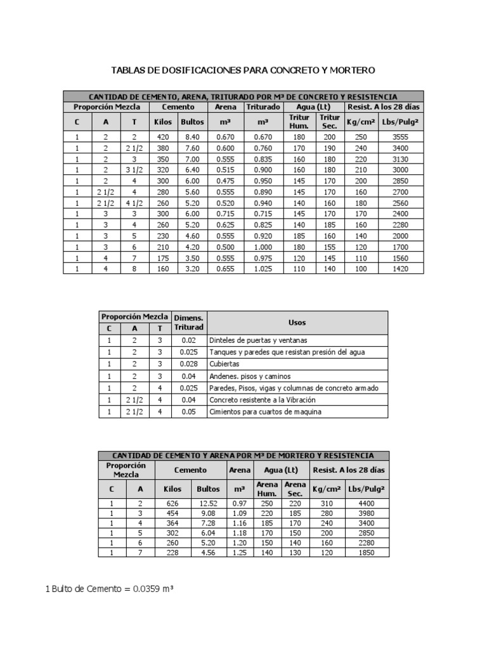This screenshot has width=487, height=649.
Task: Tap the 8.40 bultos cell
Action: tap(192, 136)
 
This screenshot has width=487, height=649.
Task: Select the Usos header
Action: tap(297, 322)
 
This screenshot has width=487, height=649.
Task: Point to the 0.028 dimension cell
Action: tap(188, 364)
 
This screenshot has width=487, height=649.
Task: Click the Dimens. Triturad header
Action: tap(188, 322)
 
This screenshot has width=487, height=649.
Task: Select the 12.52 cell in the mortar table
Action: tap(208, 503)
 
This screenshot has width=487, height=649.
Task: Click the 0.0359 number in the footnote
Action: tap(148, 589)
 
